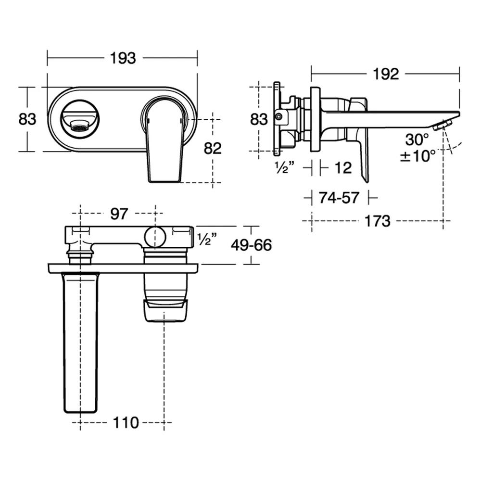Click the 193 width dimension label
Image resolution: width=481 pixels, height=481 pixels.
[123, 58]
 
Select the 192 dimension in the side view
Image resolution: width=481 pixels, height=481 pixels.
[386, 74]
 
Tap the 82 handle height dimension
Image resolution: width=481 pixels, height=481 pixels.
[213, 148]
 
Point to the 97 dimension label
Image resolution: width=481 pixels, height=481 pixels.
[119, 214]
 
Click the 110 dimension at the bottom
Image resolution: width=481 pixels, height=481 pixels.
[126, 422]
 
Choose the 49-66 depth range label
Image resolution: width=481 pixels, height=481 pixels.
[251, 245]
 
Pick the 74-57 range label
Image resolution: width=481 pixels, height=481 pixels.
[339, 198]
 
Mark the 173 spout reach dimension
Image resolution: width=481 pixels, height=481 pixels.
[377, 221]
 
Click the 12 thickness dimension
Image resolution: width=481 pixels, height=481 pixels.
[343, 168]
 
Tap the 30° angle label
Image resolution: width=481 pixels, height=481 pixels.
[417, 139]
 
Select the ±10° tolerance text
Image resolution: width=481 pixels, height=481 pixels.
[418, 156]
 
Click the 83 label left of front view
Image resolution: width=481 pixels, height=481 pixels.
[27, 119]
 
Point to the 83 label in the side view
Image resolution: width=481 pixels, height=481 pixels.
[259, 119]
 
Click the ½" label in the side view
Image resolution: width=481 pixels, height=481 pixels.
[284, 168]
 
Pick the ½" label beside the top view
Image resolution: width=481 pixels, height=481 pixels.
[207, 239]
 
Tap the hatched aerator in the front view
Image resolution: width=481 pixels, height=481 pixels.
[80, 125]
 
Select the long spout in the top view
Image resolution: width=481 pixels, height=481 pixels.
[80, 342]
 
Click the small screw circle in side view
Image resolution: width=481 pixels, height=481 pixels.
[278, 116]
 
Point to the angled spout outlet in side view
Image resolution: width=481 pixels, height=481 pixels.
[443, 125]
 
